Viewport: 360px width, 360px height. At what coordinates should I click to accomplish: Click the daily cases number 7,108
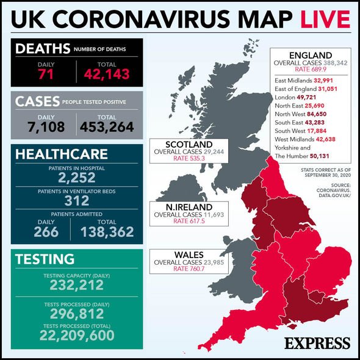46,126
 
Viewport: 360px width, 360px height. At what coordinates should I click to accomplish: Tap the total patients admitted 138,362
107,231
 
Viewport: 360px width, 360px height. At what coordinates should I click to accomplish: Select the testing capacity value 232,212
76,286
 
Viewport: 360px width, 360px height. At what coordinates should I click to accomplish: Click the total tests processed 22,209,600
76,335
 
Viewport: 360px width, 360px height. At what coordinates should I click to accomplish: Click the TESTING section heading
46,259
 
